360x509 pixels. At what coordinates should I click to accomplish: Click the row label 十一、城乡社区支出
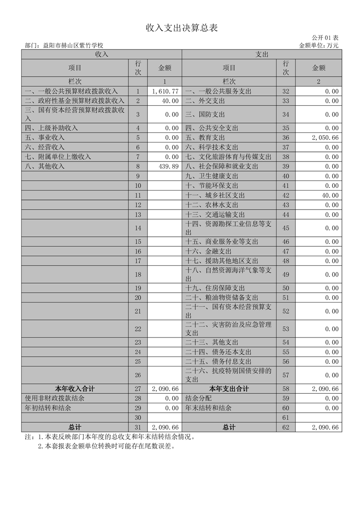tap(215, 196)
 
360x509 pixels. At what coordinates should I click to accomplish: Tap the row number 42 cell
tap(286, 196)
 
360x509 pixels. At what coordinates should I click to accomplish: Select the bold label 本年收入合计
tap(75, 389)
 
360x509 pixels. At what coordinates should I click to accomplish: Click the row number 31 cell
tap(138, 427)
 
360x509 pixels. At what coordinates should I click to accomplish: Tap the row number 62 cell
tap(286, 427)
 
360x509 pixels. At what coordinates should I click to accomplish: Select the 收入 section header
tap(101, 54)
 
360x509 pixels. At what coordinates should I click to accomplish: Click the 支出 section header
tap(262, 54)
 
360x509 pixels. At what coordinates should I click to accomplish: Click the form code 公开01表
tap(325, 38)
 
